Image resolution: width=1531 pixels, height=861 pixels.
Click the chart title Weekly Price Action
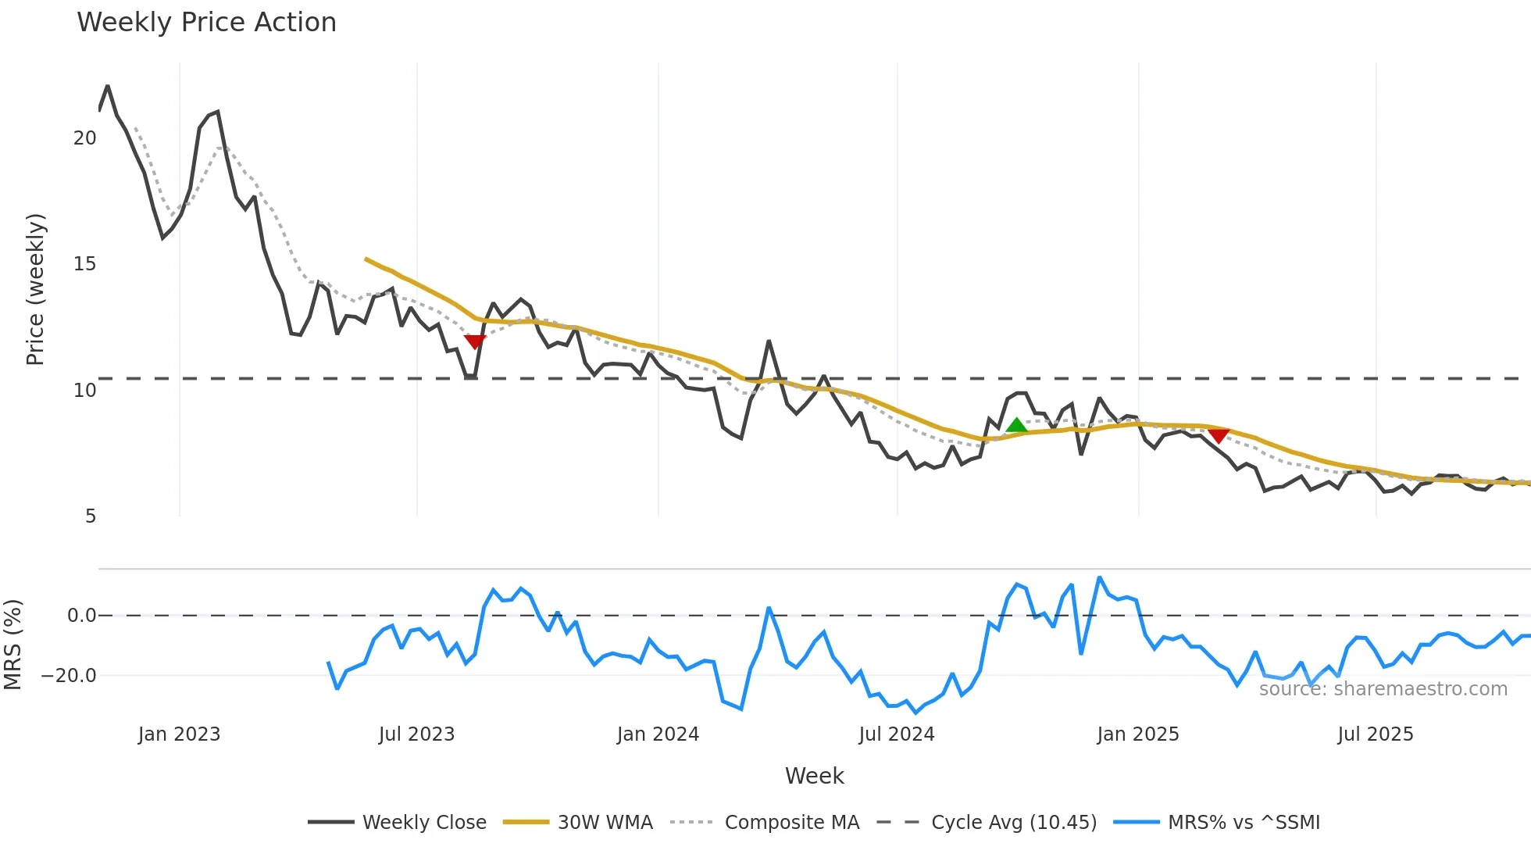coord(206,23)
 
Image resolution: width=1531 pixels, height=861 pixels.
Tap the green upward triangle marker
coord(1016,426)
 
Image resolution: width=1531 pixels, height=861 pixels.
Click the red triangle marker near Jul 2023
coord(475,341)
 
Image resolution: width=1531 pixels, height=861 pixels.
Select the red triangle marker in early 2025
coord(1219,435)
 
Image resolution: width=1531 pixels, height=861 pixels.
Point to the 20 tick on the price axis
coord(84,138)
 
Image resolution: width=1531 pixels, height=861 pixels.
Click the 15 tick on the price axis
coord(84,264)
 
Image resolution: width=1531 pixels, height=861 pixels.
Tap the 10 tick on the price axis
coord(84,391)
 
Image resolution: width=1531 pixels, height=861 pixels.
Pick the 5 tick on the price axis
coord(91,516)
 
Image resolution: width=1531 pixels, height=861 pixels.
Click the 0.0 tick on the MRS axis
coord(81,616)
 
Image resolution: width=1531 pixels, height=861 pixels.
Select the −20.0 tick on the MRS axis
coord(69,676)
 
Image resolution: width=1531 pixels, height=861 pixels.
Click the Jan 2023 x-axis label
coord(179,734)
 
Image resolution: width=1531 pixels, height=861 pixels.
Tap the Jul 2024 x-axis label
coord(896,734)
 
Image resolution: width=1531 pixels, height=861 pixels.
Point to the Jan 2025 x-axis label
coord(1137,734)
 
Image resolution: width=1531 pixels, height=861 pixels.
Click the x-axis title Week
coord(814,776)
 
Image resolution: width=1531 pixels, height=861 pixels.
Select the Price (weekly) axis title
coord(35,289)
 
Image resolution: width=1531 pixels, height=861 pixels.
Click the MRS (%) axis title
coord(12,645)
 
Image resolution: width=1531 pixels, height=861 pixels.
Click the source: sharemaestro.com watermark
coord(1383,689)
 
